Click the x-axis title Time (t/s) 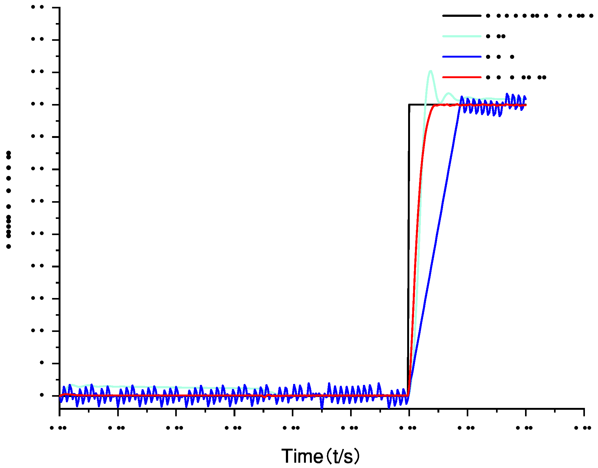coord(320,456)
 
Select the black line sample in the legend coord(461,16)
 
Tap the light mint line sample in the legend coord(461,36)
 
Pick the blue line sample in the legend coord(461,57)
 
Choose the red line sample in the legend coord(461,77)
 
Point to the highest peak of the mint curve coord(431,71)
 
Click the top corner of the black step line coord(409,105)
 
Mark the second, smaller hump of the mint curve coord(448,93)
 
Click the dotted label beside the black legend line coord(539,16)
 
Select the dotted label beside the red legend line coord(516,77)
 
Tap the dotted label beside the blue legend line coord(500,57)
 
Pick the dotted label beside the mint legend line coord(496,36)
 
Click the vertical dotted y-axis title coord(9,199)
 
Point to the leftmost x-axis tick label coord(58,428)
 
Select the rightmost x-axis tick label coord(583,428)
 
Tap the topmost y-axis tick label coord(37,7)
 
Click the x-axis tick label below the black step coord(408,428)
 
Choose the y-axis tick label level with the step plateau coord(37,104)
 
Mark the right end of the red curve coord(526,105)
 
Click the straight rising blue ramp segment coord(436,237)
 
